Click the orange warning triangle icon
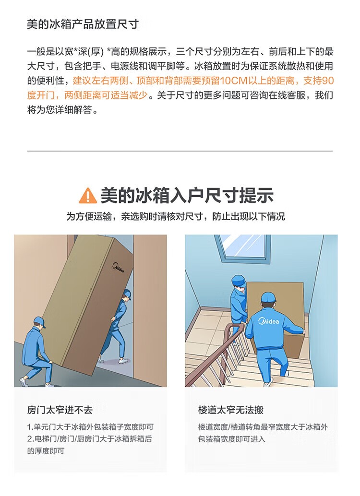(x=88, y=196)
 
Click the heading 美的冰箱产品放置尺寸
(x=83, y=24)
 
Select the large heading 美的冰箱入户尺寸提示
(x=187, y=195)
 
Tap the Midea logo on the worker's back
(x=268, y=321)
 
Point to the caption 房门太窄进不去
(x=60, y=410)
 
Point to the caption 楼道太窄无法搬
(x=231, y=410)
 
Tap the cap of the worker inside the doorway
(x=127, y=294)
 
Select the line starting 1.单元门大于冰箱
(x=90, y=427)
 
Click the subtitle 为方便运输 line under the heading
(x=175, y=216)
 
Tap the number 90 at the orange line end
(x=328, y=81)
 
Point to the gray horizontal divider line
(x=180, y=151)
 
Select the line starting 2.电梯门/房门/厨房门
(x=89, y=439)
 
